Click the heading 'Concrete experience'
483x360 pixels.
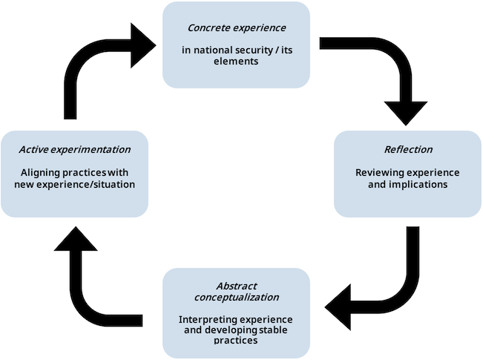click(236, 28)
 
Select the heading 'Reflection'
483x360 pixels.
click(408, 150)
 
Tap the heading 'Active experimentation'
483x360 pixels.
click(74, 150)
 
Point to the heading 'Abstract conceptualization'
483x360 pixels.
click(236, 291)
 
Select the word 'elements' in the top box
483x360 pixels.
click(237, 62)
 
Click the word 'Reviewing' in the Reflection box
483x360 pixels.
click(380, 173)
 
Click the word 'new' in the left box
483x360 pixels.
click(24, 184)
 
